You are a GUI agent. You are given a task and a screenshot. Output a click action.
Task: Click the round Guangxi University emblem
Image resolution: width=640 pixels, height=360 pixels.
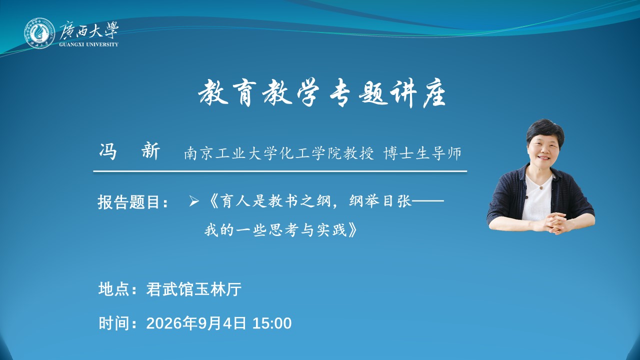(x=39, y=33)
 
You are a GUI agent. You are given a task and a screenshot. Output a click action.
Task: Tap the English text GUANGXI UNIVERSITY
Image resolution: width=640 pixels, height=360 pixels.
(x=88, y=44)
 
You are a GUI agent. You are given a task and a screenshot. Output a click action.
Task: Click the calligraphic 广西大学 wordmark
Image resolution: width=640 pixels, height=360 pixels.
(x=89, y=30)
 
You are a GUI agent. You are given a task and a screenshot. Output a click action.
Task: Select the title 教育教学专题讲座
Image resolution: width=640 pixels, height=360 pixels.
(x=322, y=93)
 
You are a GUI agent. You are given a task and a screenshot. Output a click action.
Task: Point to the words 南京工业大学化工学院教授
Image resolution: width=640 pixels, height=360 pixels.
(x=279, y=153)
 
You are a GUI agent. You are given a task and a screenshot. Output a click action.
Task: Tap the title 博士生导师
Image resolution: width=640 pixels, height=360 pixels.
(x=422, y=153)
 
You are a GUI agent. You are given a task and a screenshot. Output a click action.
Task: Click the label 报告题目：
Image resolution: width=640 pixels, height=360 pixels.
(x=133, y=202)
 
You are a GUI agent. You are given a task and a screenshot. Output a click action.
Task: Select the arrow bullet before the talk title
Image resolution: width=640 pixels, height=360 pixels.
(x=194, y=201)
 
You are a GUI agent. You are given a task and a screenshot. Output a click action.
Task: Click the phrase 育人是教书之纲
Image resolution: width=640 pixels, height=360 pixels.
(x=275, y=201)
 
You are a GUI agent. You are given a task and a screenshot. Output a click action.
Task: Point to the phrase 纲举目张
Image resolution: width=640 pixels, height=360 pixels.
(x=380, y=201)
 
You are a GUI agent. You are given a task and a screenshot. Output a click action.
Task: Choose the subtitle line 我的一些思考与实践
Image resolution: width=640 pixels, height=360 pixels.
(x=275, y=229)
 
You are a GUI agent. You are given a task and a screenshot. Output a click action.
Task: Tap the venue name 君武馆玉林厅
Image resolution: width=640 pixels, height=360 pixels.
(x=194, y=289)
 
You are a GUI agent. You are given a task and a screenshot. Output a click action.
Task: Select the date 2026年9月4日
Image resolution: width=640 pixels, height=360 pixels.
(x=196, y=323)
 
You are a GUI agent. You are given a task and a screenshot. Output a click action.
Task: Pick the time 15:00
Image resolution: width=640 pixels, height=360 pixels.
(x=272, y=323)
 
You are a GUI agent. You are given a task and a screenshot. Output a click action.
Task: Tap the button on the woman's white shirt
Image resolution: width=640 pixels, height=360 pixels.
(x=540, y=187)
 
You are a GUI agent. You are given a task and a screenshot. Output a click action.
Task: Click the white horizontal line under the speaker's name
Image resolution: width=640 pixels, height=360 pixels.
(x=280, y=171)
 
